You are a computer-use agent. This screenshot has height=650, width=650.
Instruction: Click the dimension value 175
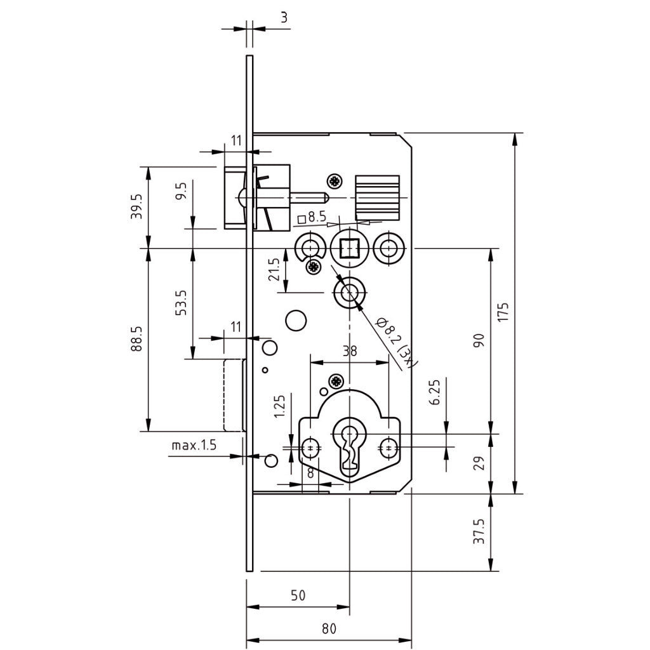[503, 313]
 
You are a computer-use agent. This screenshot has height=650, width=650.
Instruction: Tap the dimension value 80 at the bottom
[328, 629]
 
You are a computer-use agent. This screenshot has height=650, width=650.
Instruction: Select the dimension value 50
[298, 595]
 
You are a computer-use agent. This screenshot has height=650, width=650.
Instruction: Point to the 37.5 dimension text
[479, 531]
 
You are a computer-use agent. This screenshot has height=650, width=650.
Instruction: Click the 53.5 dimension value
[181, 303]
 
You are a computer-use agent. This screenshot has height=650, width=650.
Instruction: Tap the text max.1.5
[194, 446]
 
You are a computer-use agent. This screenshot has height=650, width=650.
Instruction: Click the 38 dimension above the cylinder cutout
[349, 351]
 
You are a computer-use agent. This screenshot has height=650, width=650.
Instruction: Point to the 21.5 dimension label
[274, 270]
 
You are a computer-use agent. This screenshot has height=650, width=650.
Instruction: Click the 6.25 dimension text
[435, 394]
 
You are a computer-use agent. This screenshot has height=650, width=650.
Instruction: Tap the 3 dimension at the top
[284, 18]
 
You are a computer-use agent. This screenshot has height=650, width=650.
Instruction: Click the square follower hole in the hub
[348, 247]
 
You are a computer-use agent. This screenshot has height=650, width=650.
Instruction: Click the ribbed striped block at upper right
[377, 197]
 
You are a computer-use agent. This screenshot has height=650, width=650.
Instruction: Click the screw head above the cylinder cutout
[335, 381]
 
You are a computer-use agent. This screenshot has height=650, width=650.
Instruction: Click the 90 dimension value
[479, 340]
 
